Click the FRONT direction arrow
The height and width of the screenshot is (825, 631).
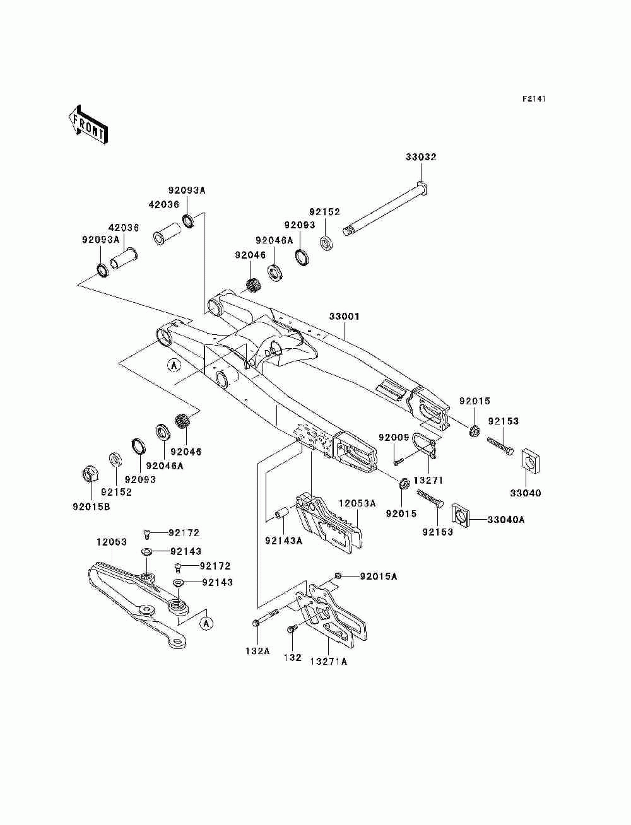tap(88, 124)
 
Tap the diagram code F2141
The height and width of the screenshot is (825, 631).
tap(534, 99)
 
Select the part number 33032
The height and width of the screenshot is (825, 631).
tap(421, 157)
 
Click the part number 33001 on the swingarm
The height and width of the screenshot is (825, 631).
tap(344, 317)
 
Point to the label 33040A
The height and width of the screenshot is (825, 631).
tap(506, 520)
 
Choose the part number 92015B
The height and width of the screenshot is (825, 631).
tap(91, 506)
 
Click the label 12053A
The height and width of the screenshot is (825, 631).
tap(357, 503)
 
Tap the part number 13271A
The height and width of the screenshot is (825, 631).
tap(328, 672)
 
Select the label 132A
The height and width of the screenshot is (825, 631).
tap(257, 661)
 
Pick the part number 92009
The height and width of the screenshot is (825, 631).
tap(394, 438)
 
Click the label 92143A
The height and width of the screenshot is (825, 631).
tap(283, 541)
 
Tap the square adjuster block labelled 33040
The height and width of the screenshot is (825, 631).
tap(530, 460)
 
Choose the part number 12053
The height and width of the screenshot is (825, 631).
tap(112, 542)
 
